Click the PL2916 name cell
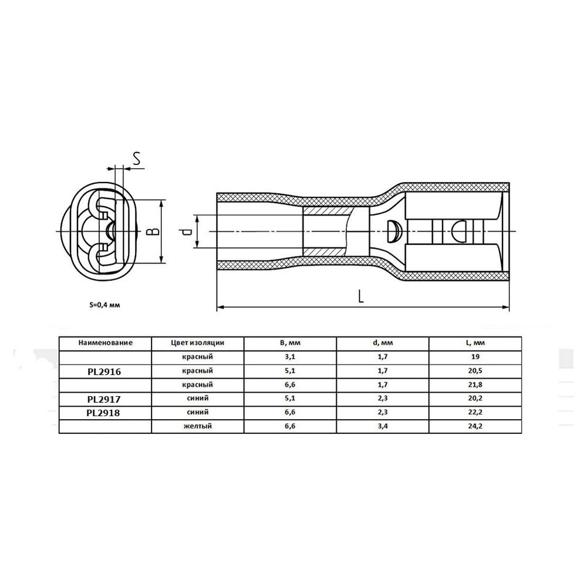[104, 372]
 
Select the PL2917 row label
[104, 399]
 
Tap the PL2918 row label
[103, 413]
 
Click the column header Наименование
[105, 343]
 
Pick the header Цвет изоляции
[197, 343]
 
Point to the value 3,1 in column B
[290, 357]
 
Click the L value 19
[475, 357]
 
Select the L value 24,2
[475, 426]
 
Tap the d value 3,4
[383, 426]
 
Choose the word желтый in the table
[198, 426]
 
